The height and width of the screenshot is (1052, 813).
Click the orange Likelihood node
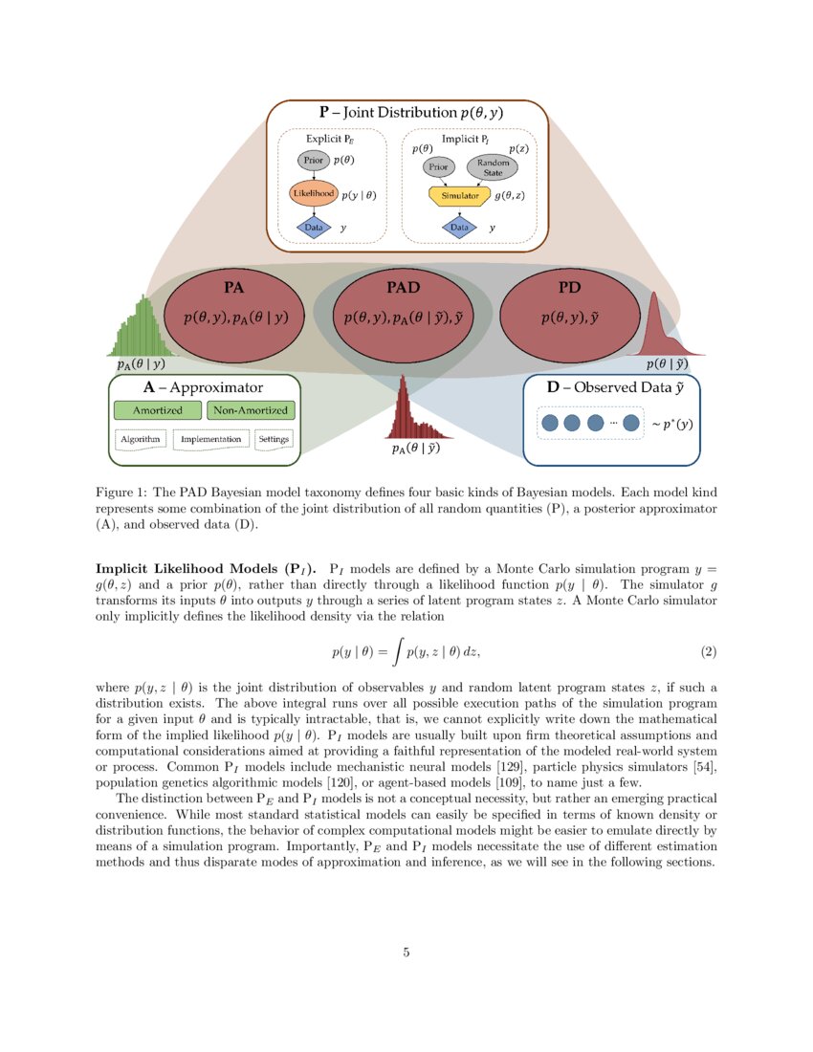pos(313,194)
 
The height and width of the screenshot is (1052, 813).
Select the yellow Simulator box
pos(459,195)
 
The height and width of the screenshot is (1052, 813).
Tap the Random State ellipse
pos(492,166)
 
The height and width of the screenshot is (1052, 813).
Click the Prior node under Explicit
pos(313,161)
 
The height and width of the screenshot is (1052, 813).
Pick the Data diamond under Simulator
pos(459,228)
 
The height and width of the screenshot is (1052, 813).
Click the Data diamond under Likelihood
pos(313,228)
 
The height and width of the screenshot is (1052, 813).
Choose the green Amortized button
pos(157,410)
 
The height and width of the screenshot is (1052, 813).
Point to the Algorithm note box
pos(141,439)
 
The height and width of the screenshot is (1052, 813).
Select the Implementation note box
pos(210,439)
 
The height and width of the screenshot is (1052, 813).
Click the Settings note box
pos(275,439)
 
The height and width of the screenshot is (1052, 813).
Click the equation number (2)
pos(708,652)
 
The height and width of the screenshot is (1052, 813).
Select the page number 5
pos(406,952)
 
